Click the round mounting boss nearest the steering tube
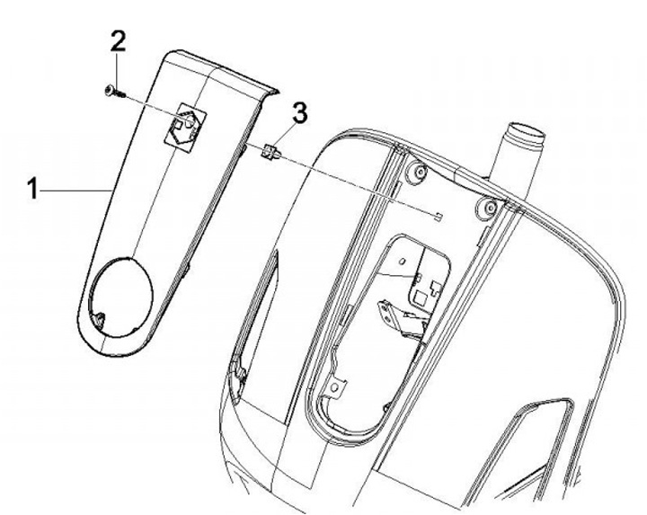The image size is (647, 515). click(x=487, y=206)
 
